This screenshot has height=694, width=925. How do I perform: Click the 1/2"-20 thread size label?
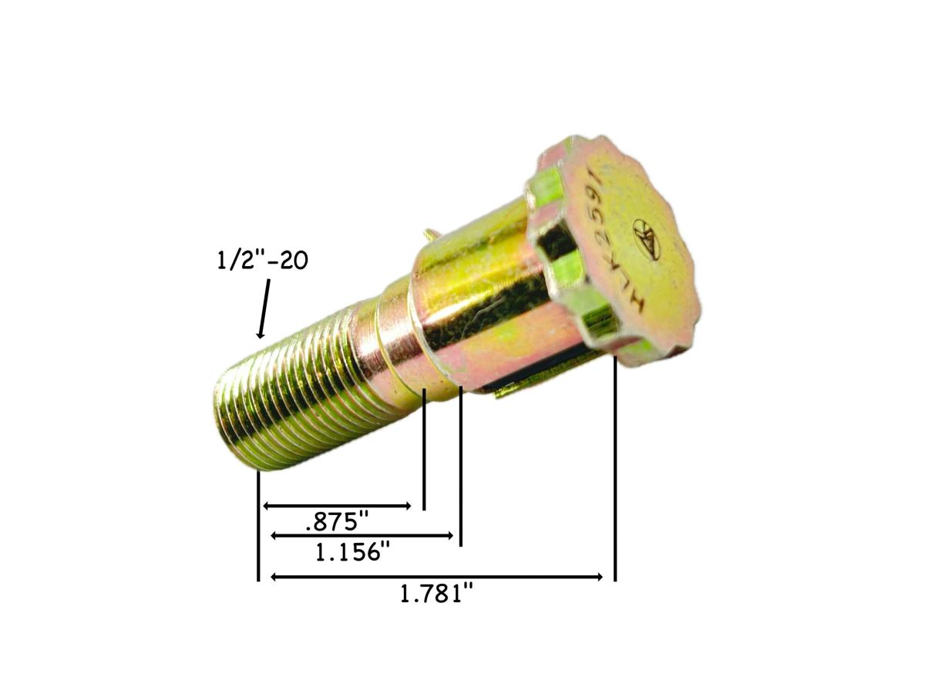coord(262,261)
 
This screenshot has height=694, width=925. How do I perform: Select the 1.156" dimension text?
coord(352,552)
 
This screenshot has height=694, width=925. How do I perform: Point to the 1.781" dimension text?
coord(436,595)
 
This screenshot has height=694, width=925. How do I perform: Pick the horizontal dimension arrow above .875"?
coord(338,506)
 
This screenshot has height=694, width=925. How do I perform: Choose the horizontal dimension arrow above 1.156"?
coord(362,535)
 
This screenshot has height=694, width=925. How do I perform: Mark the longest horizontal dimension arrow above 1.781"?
coord(436,577)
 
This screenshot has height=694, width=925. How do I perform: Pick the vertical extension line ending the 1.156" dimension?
coord(460,467)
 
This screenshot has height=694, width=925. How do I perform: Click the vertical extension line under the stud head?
coord(614,470)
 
